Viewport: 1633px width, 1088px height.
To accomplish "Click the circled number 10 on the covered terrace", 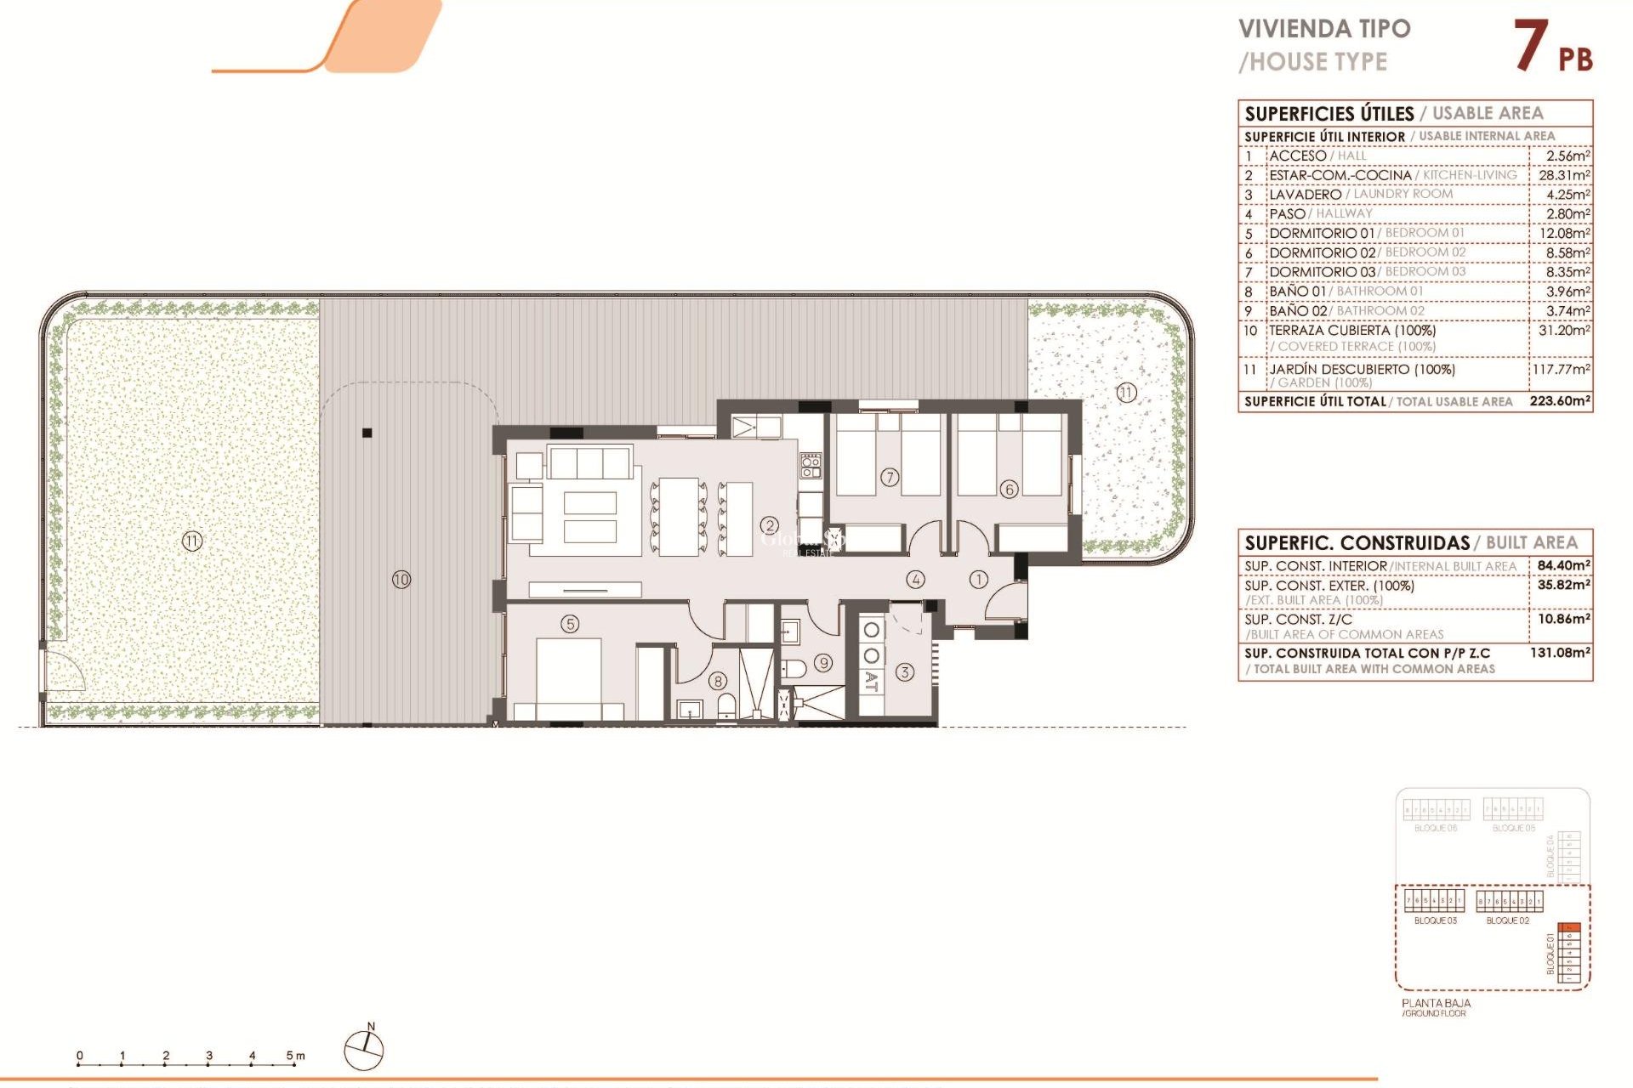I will pos(401,580).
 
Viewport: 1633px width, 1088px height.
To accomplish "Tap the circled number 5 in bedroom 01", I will pos(570,624).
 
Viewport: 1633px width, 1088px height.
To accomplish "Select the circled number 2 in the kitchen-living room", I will pos(770,526).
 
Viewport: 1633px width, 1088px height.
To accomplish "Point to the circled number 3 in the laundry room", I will pos(904,672).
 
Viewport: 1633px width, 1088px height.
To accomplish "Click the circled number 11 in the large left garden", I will pos(192,541).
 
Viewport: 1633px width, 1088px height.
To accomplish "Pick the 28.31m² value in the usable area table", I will pos(1564,175).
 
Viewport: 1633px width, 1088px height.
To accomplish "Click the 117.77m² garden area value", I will pos(1561,370).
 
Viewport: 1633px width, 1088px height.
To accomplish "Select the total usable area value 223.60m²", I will pos(1559,401).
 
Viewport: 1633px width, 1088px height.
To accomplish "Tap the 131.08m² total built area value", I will pos(1560,653).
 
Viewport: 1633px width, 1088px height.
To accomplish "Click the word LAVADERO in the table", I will pos(1305,195).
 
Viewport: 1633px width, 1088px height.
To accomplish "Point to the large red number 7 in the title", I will pos(1531,46).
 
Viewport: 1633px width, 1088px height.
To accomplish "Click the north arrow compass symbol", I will pos(364,1050).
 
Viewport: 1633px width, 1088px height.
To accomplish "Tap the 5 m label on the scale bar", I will pos(294,1056).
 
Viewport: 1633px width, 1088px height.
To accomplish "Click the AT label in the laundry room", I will pos(871,681).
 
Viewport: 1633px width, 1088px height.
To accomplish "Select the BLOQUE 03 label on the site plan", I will pos(1435,921).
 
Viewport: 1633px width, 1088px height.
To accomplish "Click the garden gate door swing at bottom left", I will pos(65,671).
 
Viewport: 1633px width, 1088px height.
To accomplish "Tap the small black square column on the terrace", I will pos(367,433).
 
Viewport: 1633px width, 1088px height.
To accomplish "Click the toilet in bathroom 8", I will pos(727,705).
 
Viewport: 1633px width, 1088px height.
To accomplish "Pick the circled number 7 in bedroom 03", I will pos(890,478).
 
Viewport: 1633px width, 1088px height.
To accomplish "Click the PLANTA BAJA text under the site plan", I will pos(1436,1003).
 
